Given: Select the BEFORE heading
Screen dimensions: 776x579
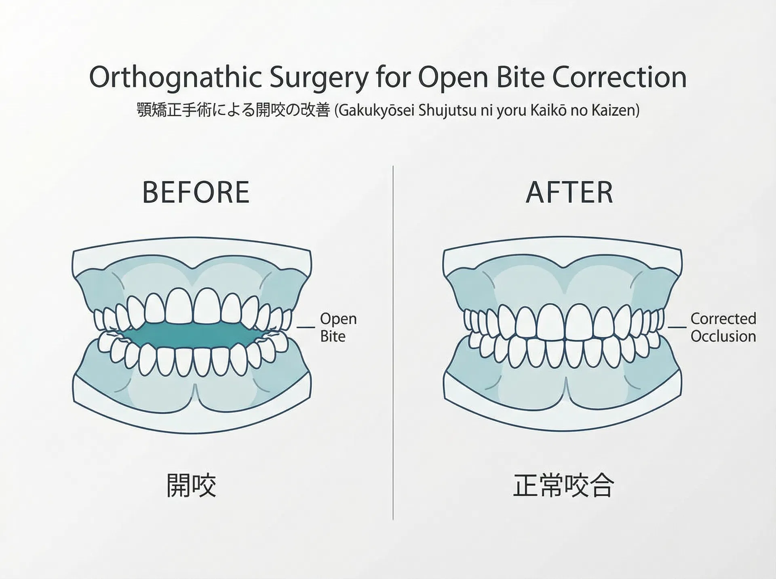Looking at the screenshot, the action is coord(196,192).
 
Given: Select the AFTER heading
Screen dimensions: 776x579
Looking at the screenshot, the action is coord(569,192).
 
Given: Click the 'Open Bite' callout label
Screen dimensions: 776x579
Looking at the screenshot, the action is coord(338,327).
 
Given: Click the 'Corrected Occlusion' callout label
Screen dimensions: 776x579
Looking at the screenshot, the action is coord(723,327).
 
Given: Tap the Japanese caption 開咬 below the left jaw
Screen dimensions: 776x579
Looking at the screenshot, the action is coord(191,485).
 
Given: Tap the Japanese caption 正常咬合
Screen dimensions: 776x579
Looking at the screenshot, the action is coord(563,485).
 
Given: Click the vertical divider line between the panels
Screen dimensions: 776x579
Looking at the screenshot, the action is coord(393,342).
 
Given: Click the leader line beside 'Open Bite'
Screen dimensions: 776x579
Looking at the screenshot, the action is coord(306,327).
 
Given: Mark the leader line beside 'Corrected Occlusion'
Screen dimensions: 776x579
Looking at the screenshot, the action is coord(677,327).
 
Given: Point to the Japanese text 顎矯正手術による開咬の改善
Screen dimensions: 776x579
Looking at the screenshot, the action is coord(234,110).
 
